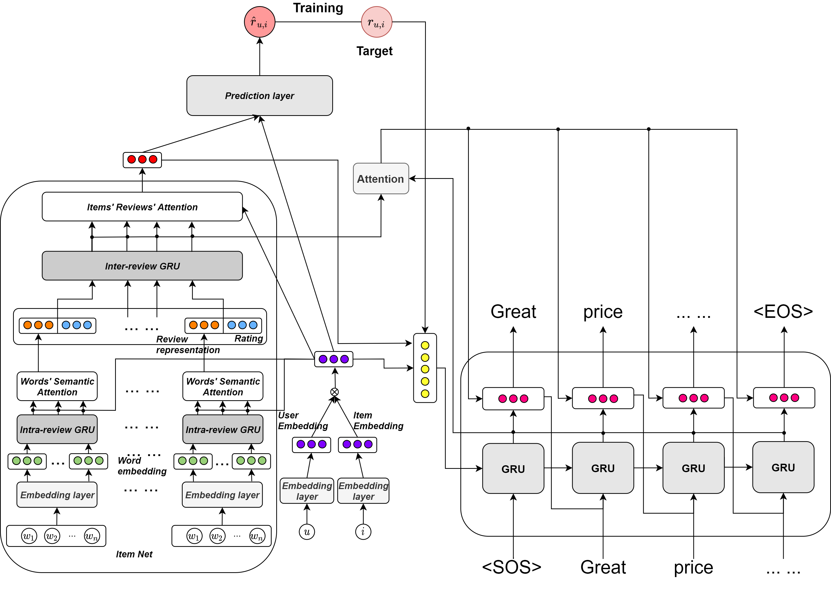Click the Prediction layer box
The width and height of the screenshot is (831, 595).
click(x=260, y=96)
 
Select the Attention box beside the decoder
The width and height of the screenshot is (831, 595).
click(x=381, y=179)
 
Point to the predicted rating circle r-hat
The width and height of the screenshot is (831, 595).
click(x=260, y=22)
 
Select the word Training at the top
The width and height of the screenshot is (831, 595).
click(x=318, y=8)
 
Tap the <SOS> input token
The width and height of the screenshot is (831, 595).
click(x=512, y=567)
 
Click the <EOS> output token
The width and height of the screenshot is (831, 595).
click(x=783, y=312)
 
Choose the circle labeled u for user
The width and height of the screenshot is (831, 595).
click(x=307, y=532)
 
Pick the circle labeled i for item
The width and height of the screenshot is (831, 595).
click(x=363, y=532)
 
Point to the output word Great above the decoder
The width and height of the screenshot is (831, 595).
click(x=513, y=312)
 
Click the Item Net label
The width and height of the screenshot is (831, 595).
click(x=134, y=554)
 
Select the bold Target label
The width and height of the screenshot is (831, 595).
click(x=374, y=51)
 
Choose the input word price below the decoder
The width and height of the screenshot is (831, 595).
click(x=693, y=567)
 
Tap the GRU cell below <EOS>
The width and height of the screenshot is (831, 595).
click(x=783, y=468)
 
